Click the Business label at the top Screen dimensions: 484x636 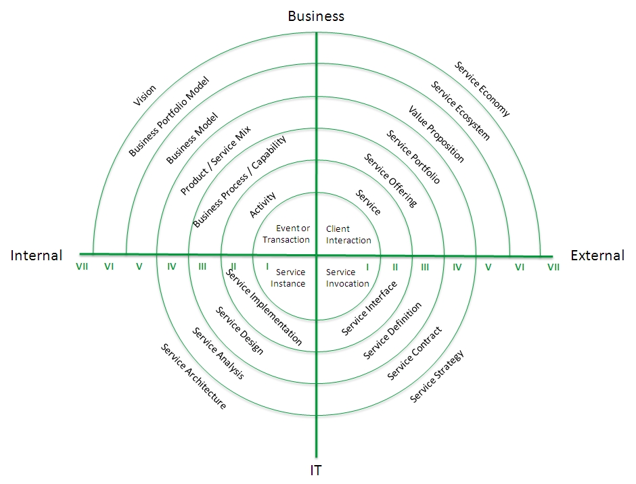coord(316,16)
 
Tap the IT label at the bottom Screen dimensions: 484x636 coord(316,470)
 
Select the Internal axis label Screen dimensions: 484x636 coord(37,256)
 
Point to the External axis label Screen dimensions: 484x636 coord(597,256)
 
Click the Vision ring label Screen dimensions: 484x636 coord(144,96)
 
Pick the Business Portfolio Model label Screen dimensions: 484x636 coord(168,116)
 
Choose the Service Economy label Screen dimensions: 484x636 coord(482,89)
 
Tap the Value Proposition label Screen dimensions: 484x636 coord(436,134)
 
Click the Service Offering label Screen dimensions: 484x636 coord(390,180)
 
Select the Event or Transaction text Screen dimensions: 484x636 coord(286,234)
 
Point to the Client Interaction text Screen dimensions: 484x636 coord(348,235)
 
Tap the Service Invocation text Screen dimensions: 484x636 coord(347,278)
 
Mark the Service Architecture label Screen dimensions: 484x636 coord(193,376)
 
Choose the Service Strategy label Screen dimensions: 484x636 coord(436,377)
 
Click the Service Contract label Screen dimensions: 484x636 coord(414,354)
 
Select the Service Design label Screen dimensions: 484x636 coord(239,331)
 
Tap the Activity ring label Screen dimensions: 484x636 coord(263,205)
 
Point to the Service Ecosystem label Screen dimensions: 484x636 coord(460,111)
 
